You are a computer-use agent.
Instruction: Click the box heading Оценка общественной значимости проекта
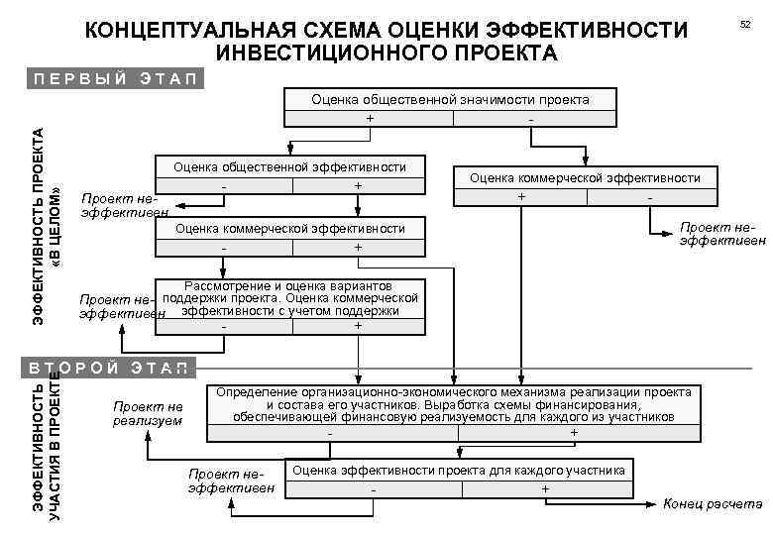point(450,99)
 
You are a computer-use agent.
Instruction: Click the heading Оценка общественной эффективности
point(290,166)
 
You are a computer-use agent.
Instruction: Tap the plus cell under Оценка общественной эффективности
point(357,186)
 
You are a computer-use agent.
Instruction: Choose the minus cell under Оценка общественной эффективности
point(225,186)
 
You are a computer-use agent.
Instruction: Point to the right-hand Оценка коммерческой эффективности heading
point(585,178)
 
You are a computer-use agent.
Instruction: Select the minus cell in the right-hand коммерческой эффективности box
point(649,197)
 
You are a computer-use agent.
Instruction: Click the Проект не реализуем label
point(149,413)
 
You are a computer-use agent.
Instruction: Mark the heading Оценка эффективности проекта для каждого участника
point(459,470)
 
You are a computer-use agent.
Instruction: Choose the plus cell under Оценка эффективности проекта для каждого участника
point(544,489)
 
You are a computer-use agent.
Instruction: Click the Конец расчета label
point(706,503)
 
